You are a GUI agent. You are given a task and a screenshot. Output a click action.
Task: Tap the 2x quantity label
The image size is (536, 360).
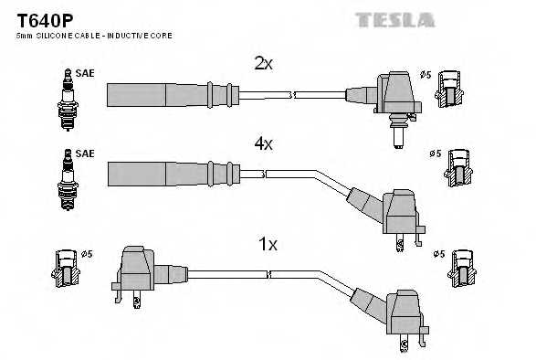click(263, 63)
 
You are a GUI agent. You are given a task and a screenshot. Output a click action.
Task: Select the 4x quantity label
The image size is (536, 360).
click(263, 143)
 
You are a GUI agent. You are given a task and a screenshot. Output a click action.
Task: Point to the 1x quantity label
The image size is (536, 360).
click(268, 245)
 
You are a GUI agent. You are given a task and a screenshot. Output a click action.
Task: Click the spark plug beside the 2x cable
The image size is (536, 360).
click(66, 98)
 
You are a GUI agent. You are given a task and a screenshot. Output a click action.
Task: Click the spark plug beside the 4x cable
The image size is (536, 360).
click(66, 177)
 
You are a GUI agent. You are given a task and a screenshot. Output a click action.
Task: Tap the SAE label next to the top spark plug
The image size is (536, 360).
click(85, 73)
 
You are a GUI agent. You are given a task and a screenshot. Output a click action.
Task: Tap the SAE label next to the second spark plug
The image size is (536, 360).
click(85, 154)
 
